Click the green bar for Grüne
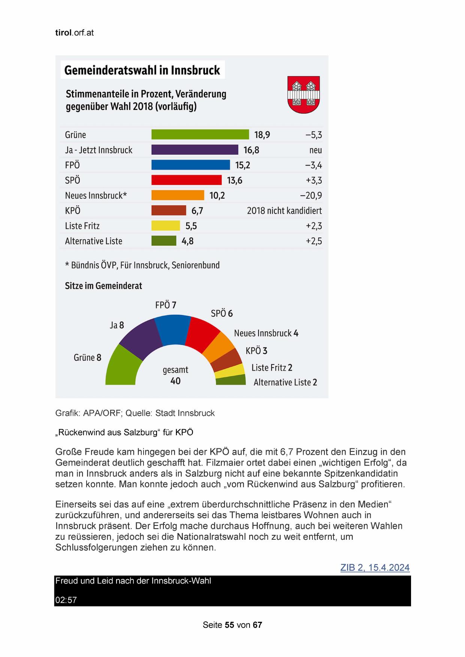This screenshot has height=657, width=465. (200, 134)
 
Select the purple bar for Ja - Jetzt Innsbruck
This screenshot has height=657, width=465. (194, 150)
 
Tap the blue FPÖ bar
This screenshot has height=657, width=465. (190, 165)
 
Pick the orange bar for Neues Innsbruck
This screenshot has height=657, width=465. (178, 195)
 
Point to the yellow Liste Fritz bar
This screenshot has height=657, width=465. (166, 225)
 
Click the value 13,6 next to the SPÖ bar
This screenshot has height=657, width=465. (235, 181)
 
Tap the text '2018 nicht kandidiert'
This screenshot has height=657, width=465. (284, 211)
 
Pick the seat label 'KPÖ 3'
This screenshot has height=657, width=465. (256, 351)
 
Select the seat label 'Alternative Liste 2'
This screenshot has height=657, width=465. (285, 382)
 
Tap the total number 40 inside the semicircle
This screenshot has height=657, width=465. (175, 381)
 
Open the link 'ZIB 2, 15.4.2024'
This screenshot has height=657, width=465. (375, 567)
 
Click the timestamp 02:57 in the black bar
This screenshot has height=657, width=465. (66, 600)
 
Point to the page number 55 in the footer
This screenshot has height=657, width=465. (230, 625)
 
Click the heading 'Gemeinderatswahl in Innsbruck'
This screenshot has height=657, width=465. (142, 70)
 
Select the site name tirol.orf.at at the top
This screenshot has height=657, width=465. (74, 33)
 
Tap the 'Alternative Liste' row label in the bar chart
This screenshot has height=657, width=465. (94, 241)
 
